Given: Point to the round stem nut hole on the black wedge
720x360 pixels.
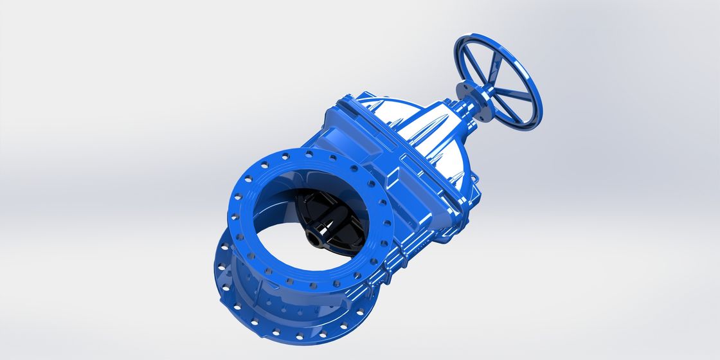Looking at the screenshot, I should point(314,240).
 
